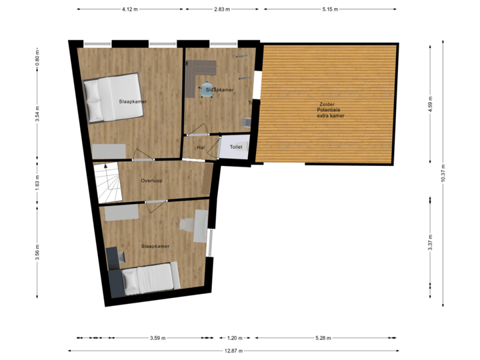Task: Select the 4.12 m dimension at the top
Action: pos(129,9)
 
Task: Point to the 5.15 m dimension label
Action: pos(331,9)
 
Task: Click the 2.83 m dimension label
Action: pos(222,9)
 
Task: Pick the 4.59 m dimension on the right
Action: pos(430,104)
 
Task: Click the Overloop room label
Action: pos(151,181)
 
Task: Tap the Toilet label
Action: pos(236,147)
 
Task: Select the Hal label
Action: pos(200,147)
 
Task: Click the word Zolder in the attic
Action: pos(327,104)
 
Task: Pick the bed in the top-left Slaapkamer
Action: pos(113,98)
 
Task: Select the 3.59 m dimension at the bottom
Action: pos(158,338)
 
